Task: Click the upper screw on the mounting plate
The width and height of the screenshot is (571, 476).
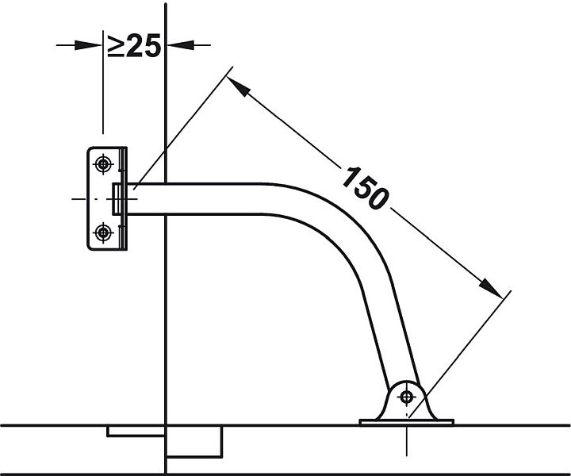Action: tap(103, 164)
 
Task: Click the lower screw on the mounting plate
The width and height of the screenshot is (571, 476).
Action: tap(103, 232)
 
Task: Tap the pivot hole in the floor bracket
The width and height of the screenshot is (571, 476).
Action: tap(406, 397)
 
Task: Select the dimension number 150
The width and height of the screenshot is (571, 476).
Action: tap(366, 188)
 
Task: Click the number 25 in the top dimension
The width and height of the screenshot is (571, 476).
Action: tap(144, 45)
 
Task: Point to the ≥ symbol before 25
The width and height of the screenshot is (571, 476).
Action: tap(116, 45)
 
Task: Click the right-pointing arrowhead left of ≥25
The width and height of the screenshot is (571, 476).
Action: tap(88, 45)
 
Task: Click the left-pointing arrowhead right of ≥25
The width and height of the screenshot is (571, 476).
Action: tap(180, 45)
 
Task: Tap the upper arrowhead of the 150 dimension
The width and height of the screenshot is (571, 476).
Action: tap(239, 86)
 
